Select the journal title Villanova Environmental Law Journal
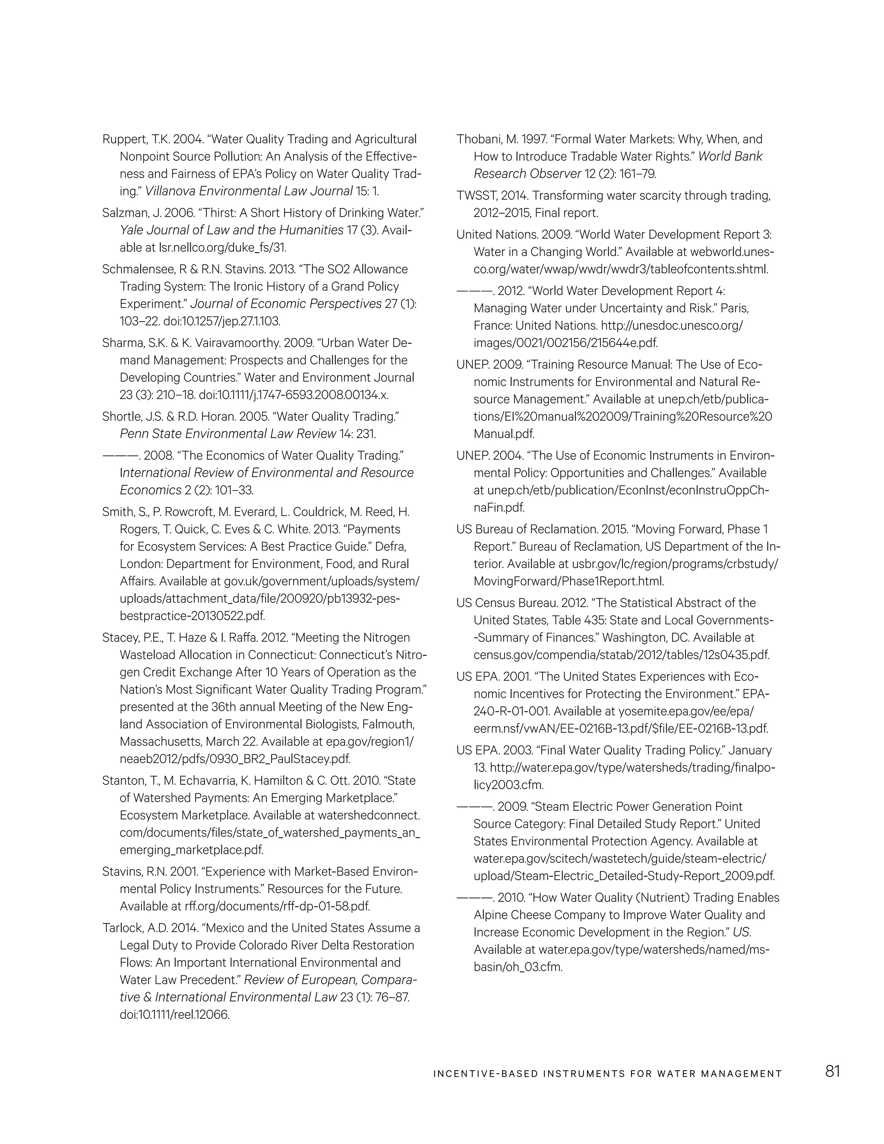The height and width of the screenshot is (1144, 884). [248, 191]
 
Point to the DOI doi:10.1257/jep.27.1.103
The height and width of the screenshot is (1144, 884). [222, 321]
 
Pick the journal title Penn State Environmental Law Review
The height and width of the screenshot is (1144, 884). [228, 434]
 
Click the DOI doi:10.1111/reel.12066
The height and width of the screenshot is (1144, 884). [175, 1014]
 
